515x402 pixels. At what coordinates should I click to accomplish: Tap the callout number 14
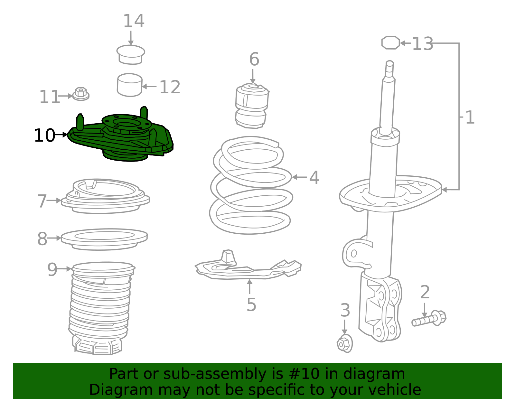(134, 21)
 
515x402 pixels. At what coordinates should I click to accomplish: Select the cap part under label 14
(131, 55)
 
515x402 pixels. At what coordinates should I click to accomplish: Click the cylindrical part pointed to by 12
(129, 85)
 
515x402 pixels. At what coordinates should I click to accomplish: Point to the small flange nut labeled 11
(80, 94)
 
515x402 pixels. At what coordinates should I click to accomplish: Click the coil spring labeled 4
(251, 187)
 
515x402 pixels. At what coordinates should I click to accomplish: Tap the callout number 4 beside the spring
(314, 178)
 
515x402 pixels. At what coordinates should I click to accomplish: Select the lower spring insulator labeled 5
(248, 269)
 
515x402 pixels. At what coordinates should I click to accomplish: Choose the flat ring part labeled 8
(104, 239)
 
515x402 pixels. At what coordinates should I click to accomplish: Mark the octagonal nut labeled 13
(390, 43)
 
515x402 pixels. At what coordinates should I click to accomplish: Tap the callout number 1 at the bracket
(470, 117)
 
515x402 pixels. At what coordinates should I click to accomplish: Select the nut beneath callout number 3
(344, 344)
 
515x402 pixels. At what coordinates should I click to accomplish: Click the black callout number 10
(44, 136)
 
